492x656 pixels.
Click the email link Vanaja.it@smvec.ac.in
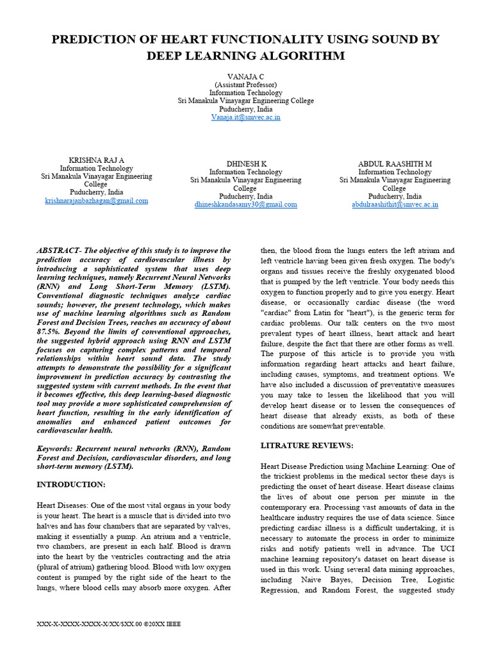(x=245, y=117)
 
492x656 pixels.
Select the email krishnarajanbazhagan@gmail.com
(x=96, y=201)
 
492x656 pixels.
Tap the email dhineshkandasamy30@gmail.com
(x=245, y=204)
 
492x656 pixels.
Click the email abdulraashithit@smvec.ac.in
(x=395, y=204)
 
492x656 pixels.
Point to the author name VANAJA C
(x=245, y=76)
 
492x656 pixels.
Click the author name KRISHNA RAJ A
(x=96, y=160)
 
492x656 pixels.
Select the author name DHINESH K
(x=246, y=164)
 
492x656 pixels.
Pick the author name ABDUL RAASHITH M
(x=395, y=164)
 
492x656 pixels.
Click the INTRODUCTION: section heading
(x=71, y=484)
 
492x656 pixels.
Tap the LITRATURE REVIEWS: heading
(x=307, y=445)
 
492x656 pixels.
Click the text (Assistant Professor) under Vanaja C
(x=245, y=84)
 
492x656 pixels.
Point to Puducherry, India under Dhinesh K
(x=245, y=196)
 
